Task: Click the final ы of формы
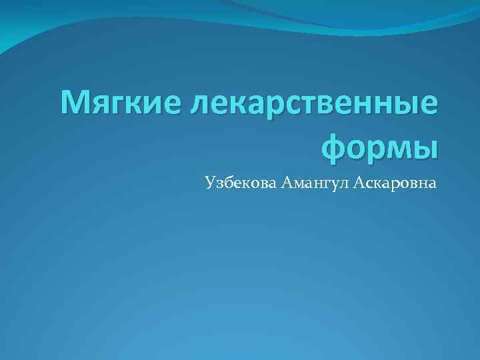click(x=425, y=146)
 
